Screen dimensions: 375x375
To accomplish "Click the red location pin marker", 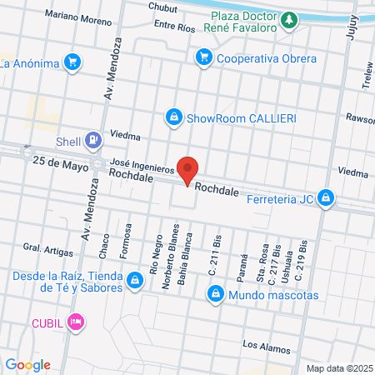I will click(x=188, y=168).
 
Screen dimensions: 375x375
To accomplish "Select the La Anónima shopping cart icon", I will click(x=72, y=62).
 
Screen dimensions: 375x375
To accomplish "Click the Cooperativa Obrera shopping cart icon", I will click(x=202, y=57).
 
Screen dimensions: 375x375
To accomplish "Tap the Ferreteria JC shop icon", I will click(x=327, y=197).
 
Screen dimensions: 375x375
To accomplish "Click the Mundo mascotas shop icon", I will click(x=216, y=294).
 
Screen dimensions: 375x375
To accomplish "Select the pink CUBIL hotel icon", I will click(x=76, y=321).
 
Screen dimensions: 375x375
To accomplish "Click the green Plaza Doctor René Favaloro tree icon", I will click(x=288, y=19).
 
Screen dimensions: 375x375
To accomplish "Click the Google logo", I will click(x=27, y=364).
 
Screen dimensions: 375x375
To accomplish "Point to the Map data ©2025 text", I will click(x=337, y=367).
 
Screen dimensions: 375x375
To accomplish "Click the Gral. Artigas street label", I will click(x=43, y=247).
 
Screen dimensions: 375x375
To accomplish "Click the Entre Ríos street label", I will click(x=174, y=27).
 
